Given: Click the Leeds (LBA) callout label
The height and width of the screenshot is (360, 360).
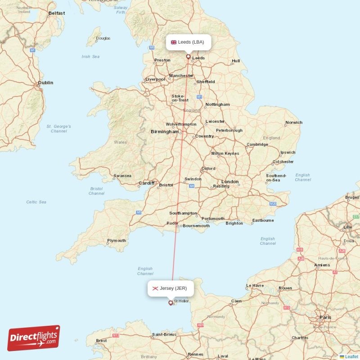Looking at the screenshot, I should [x=189, y=42].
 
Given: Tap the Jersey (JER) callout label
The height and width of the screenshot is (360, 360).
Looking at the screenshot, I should [x=171, y=288].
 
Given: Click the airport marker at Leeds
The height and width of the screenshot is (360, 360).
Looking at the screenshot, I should [x=189, y=57].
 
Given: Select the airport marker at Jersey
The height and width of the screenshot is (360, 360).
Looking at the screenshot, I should [x=170, y=303].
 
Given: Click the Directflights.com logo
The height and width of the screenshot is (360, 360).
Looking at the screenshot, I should [x=34, y=338].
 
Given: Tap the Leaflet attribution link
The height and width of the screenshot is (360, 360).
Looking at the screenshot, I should [x=351, y=356].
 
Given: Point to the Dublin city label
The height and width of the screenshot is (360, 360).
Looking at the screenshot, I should [x=45, y=83].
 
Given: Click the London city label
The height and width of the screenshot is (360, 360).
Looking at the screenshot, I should [x=230, y=182].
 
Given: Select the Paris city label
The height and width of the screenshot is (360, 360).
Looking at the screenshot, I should [x=325, y=317].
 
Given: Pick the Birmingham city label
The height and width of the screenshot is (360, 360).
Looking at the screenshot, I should [x=164, y=132].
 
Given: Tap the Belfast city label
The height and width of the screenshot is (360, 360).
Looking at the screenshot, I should [x=57, y=13].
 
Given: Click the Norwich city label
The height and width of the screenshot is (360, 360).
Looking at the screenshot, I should [x=294, y=122].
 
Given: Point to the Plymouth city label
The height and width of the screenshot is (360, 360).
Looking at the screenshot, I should [x=117, y=241].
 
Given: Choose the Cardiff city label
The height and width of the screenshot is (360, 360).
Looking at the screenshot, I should [x=146, y=183].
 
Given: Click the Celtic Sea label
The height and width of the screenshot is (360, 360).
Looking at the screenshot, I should [x=36, y=202].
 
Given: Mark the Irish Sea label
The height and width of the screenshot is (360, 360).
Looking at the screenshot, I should [x=90, y=57].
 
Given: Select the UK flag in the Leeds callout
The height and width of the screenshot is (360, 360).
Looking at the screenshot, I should [x=173, y=42].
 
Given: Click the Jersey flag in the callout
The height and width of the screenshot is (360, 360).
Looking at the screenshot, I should [x=155, y=288].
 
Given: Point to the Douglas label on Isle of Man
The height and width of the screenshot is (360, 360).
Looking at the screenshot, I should [x=103, y=38].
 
